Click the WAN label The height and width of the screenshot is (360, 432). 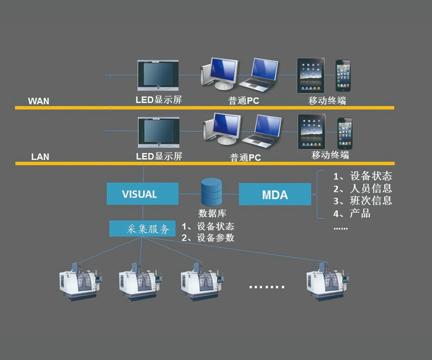[38, 101]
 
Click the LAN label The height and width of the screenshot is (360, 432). [40, 156]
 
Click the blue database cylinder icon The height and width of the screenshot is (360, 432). [211, 192]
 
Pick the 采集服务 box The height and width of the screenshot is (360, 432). [142, 228]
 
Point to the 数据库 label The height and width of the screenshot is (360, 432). [212, 213]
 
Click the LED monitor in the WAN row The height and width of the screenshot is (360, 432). [158, 76]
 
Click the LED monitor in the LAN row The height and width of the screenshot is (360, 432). [158, 132]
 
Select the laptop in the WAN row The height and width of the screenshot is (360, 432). [259, 74]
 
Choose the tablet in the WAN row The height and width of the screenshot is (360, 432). [311, 75]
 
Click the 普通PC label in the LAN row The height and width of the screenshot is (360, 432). [245, 157]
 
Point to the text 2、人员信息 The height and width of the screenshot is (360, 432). [362, 188]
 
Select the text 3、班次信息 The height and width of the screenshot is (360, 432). [362, 201]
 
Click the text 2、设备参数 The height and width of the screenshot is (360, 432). [207, 238]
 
